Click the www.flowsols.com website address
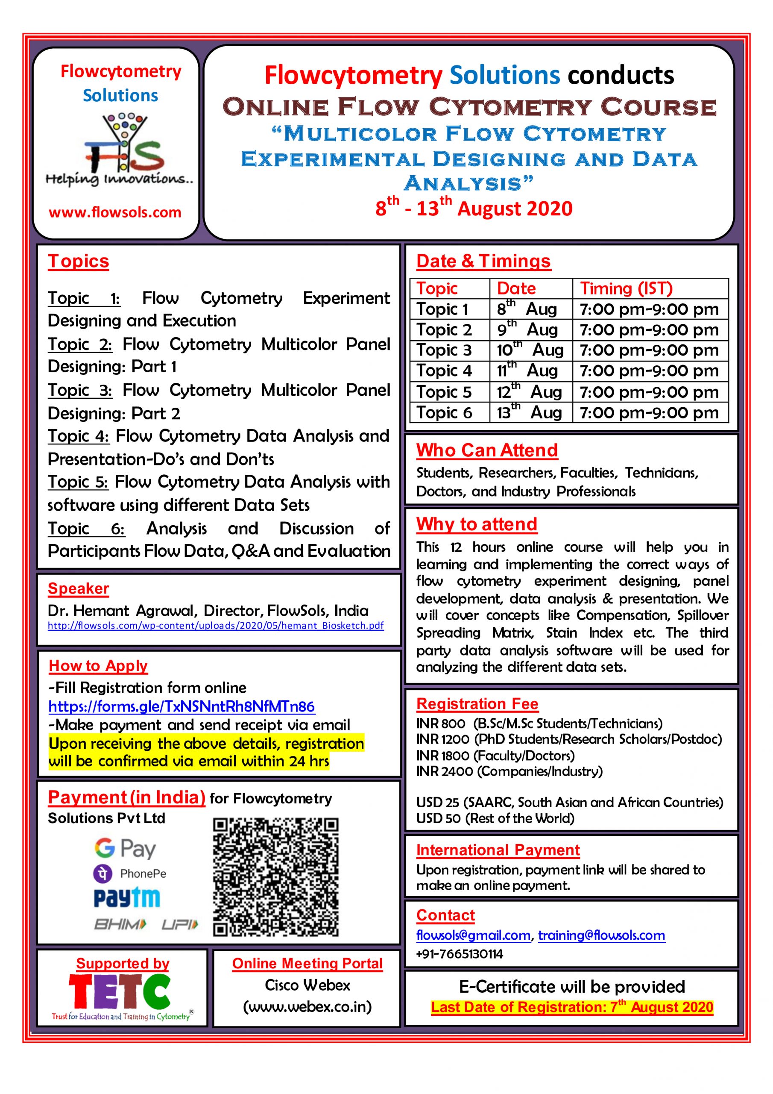pos(115,212)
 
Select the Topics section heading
pos(78,261)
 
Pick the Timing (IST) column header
pos(626,288)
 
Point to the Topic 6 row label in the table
pos(444,413)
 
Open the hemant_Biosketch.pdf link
pos(215,625)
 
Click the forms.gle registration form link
pos(182,706)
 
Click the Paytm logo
pos(127,898)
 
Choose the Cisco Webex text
pos(307,985)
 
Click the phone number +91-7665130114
pos(459,954)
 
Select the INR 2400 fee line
pos(509,771)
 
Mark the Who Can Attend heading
pos(487,450)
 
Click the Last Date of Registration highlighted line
pos(571,1007)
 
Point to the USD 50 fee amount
pos(438,819)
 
